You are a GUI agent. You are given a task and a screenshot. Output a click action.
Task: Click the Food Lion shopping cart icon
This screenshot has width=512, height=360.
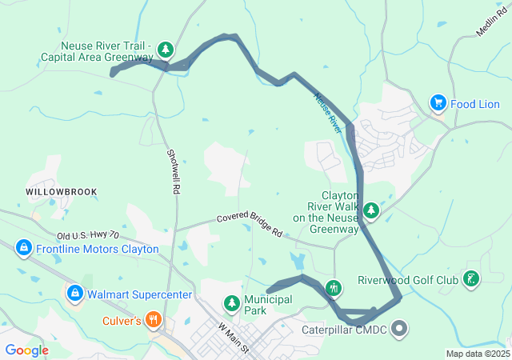tap(438, 103)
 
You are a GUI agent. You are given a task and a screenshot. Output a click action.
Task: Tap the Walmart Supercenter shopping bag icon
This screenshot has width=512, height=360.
tap(75, 294)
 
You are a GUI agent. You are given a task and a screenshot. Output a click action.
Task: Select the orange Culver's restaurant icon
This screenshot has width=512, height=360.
tap(154, 321)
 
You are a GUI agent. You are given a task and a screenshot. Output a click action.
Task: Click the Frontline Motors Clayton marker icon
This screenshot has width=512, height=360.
tap(24, 249)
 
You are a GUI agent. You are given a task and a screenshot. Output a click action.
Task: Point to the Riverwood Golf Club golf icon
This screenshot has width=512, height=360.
tap(472, 279)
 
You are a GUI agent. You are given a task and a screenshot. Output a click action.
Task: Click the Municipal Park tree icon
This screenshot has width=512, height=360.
tap(231, 303)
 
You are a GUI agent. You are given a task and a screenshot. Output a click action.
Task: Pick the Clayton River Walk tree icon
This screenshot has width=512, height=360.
tap(371, 211)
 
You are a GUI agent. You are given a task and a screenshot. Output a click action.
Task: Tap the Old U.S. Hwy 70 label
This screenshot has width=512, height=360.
tap(88, 236)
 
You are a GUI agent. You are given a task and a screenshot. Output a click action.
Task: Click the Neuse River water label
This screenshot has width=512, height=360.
tap(327, 113)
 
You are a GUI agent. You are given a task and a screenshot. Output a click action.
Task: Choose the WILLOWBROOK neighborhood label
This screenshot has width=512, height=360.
tap(62, 192)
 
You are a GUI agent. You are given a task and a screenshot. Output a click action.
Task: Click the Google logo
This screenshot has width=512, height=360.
tap(26, 350)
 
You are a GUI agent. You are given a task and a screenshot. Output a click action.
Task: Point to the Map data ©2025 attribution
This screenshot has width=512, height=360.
tap(478, 354)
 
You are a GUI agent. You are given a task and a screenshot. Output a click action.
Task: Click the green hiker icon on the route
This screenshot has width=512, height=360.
tap(334, 287)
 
